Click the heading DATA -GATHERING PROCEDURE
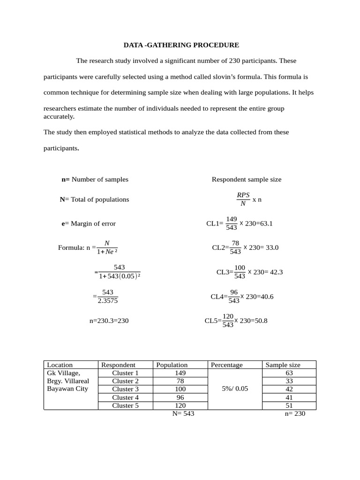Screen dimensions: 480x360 click(x=181, y=45)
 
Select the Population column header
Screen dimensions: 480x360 click(x=172, y=365)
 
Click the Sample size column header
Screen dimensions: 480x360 click(x=283, y=365)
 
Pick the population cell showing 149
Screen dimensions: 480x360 click(x=180, y=373)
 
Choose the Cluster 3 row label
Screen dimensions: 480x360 click(x=125, y=389)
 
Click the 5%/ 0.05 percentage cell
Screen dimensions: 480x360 click(x=234, y=389)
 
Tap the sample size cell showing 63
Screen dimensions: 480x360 click(x=289, y=373)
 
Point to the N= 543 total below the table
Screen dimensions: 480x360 click(x=183, y=413)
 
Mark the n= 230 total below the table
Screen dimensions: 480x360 click(x=294, y=413)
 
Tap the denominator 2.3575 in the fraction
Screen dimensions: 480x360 click(x=108, y=301)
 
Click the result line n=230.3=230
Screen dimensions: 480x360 click(x=109, y=321)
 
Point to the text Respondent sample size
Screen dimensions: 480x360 click(x=247, y=180)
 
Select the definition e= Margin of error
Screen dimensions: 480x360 click(x=89, y=224)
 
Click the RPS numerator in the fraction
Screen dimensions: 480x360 click(x=243, y=195)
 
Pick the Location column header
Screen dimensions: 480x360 click(x=60, y=365)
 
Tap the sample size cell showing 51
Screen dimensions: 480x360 click(x=289, y=405)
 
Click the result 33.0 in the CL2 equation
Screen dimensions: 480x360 click(x=272, y=247)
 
